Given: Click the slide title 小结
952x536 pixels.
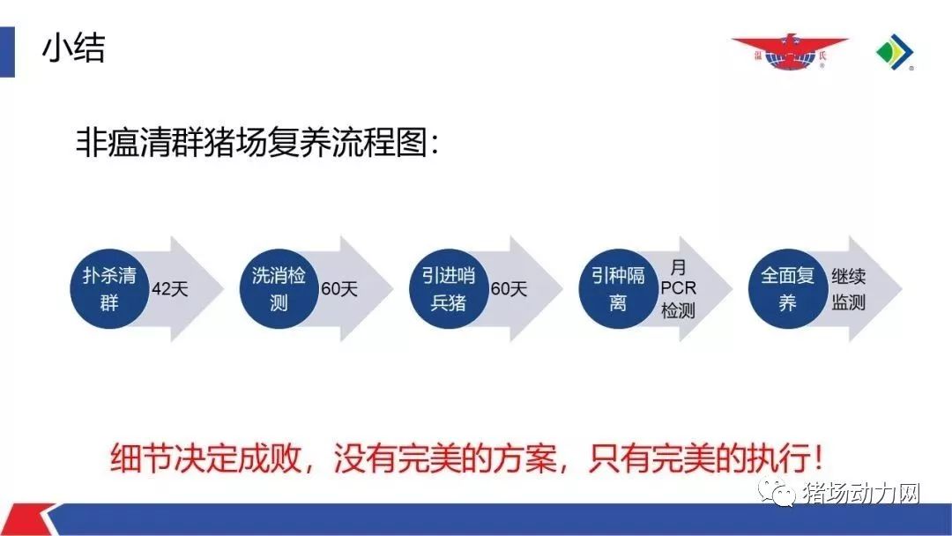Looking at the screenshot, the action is point(73,48).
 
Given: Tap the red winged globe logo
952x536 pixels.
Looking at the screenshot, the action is point(789,52).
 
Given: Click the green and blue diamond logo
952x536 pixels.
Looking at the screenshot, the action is point(895,52).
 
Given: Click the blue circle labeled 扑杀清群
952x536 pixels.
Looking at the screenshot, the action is point(109,289).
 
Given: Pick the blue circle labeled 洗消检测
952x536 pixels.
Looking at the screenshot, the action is point(279,289).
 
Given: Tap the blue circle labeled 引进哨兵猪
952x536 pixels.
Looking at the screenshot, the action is point(449,289).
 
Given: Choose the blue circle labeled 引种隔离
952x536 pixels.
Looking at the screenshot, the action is point(618,289).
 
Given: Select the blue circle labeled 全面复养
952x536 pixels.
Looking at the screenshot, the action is point(787,289).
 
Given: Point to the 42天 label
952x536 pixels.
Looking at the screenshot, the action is point(169,289).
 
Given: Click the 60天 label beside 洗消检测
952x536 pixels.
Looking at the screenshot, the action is point(338,289).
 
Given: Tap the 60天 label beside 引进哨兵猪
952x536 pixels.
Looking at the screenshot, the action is point(509,289).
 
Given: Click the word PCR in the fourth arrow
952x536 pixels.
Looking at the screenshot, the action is point(678,288).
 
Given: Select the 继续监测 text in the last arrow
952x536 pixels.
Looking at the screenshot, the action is point(848,289).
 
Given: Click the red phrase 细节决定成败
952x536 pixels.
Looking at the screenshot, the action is point(205,458).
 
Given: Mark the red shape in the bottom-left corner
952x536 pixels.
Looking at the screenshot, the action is point(25,519).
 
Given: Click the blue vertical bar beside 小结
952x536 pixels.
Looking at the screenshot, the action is point(7,52).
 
